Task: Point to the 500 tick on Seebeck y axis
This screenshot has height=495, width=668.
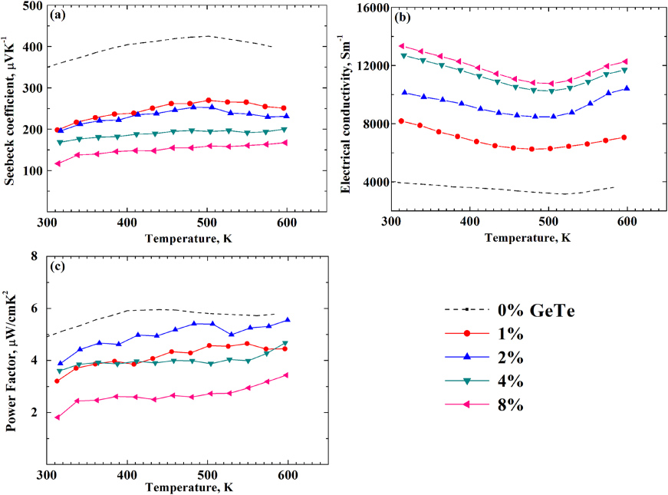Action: click(x=31, y=5)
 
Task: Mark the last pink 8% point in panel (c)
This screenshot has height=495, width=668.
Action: click(x=458, y=375)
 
